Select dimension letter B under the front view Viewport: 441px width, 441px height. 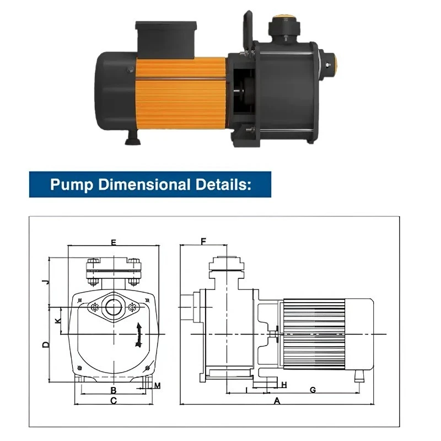113,390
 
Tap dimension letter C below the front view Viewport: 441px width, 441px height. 114,401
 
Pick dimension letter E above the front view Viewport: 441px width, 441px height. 114,242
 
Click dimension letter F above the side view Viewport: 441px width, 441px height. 203,241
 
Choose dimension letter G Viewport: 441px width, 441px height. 313,390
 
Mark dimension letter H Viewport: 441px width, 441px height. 284,384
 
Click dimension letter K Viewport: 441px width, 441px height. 57,320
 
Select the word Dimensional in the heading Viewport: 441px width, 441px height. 146,184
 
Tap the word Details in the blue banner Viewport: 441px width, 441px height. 223,184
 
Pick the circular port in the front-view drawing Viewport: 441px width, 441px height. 114,307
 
